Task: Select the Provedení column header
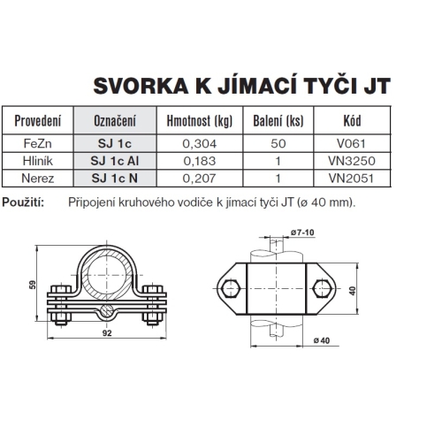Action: pos(38,120)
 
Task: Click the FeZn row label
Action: pos(38,141)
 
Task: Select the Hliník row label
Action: pos(38,162)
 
